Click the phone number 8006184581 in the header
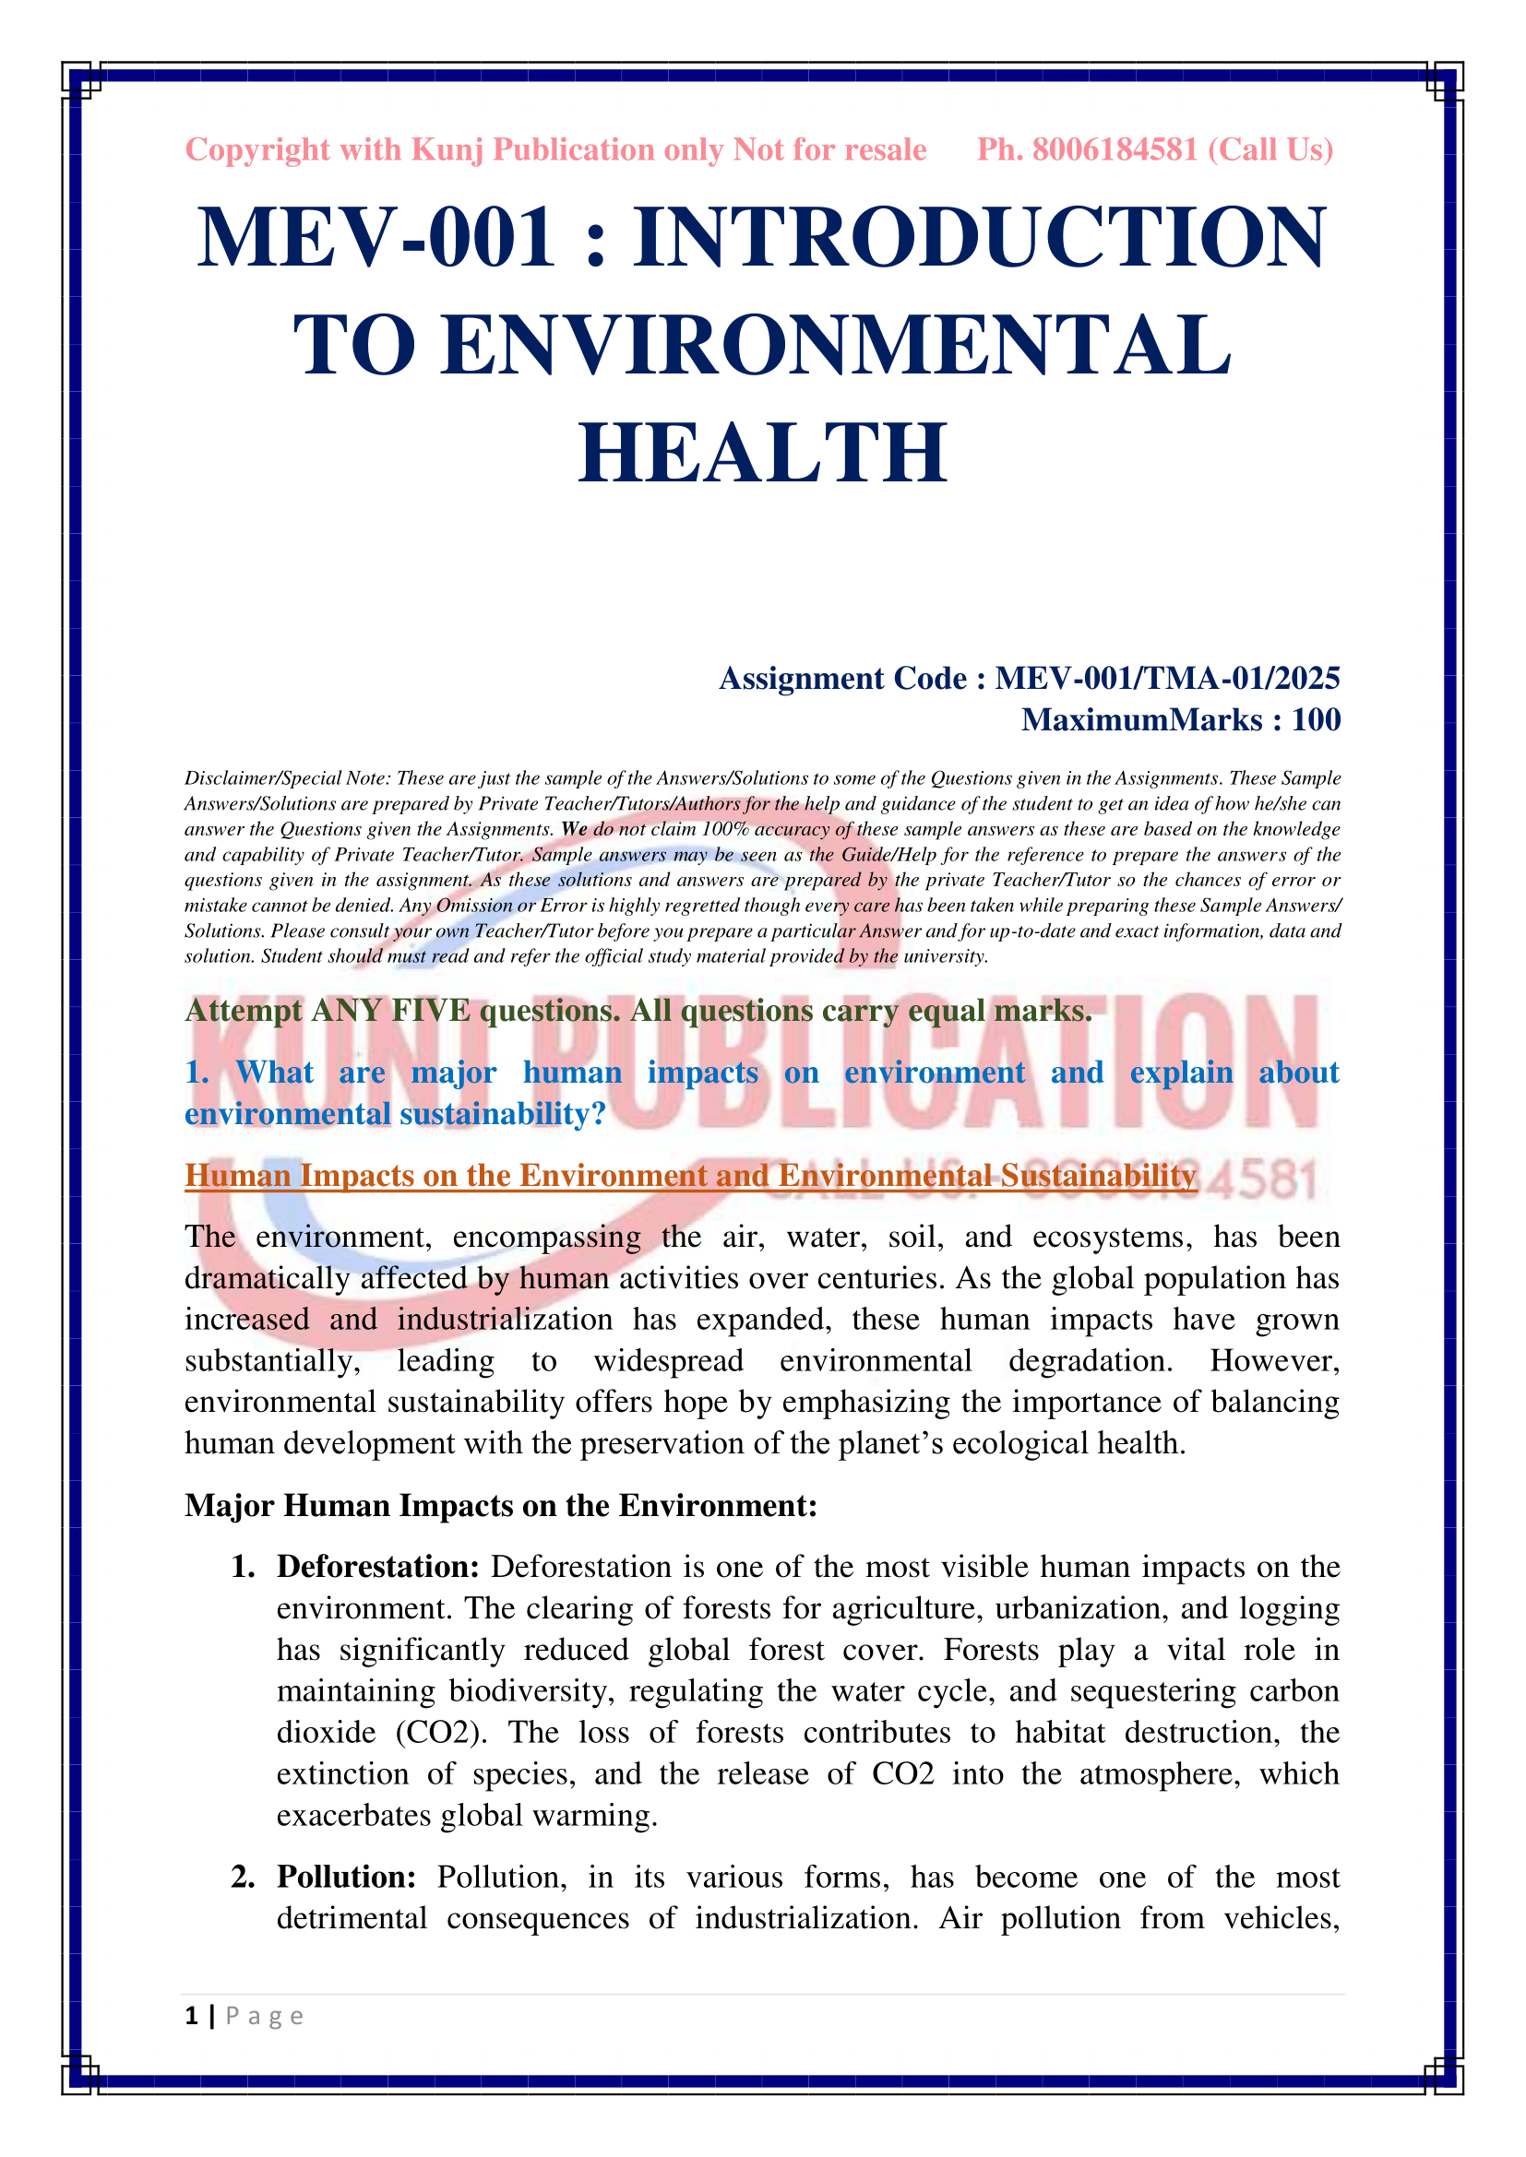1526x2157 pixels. [1115, 149]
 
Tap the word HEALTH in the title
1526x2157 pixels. [762, 454]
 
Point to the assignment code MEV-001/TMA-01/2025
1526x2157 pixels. [1167, 679]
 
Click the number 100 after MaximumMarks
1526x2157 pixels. [1316, 719]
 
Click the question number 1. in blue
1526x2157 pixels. [197, 1072]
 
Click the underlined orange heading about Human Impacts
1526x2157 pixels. [691, 1175]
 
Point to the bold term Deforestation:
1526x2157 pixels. [377, 1567]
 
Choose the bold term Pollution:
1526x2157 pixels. [346, 1877]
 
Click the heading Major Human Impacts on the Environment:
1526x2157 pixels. [501, 1505]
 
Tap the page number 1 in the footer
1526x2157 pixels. [192, 2016]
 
